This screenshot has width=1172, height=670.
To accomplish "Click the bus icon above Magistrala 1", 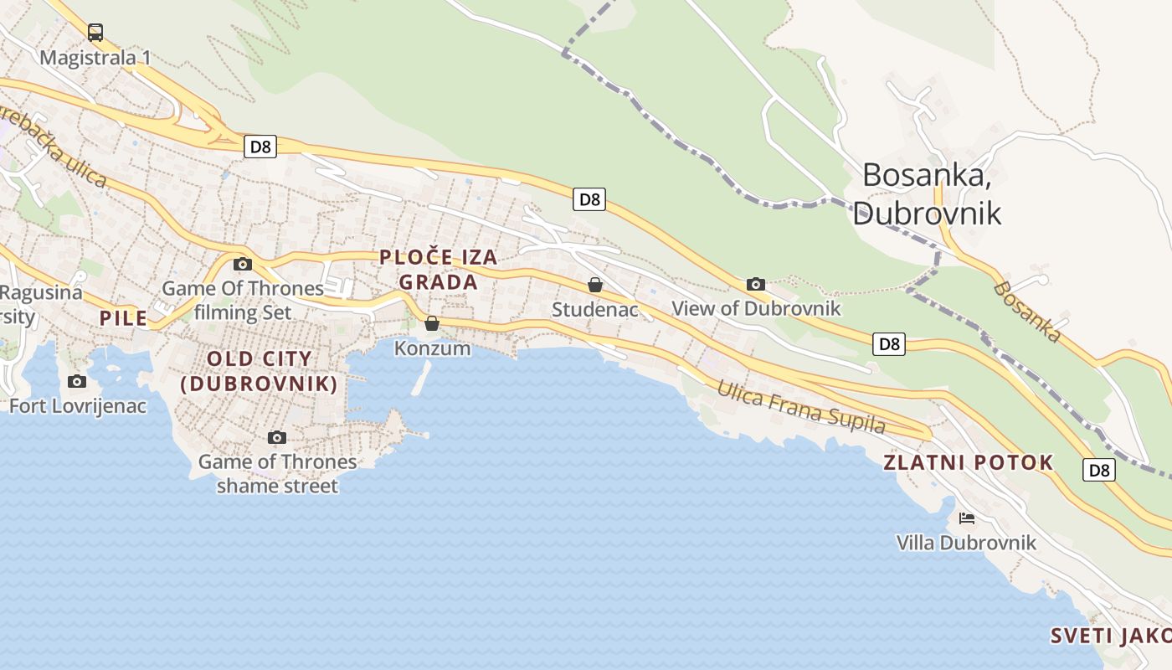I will point(95,33).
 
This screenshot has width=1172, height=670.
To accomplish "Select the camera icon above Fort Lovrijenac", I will point(77,382).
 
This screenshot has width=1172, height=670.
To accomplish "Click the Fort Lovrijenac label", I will point(78,406).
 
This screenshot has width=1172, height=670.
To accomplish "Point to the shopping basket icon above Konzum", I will point(432,323).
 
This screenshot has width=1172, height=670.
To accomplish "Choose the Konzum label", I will point(432,348).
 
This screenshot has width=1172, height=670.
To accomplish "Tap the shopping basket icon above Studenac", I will point(594,285).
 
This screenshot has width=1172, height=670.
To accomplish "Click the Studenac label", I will point(594,309).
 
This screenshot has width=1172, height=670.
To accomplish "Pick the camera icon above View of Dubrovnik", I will point(755,284).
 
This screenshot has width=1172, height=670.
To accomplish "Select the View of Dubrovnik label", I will point(756,308).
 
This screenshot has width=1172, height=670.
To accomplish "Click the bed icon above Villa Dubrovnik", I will point(967,518).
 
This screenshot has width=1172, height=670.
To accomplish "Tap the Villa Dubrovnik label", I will point(966,543).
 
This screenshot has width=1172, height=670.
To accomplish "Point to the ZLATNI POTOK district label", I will point(969,462).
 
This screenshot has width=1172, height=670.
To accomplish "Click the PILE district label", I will point(123,318).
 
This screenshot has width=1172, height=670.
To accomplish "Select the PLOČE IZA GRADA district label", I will point(439,270).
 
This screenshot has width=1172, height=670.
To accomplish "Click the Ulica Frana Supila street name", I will point(801,407).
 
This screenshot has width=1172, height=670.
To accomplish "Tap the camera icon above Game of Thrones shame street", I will point(277,437).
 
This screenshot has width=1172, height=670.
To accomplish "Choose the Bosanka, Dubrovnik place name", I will point(927,193).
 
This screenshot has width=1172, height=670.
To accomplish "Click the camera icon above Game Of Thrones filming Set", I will point(243,264).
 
